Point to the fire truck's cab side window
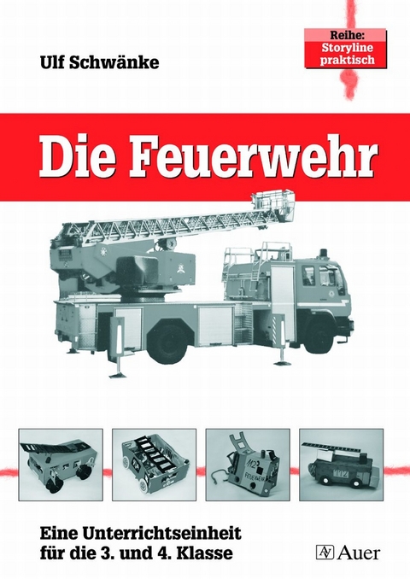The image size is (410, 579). click(307, 276)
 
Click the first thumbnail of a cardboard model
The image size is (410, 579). click(59, 464)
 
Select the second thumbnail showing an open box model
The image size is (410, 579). click(154, 464)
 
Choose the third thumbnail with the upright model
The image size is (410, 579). click(249, 464)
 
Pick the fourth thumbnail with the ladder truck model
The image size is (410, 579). click(342, 464)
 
